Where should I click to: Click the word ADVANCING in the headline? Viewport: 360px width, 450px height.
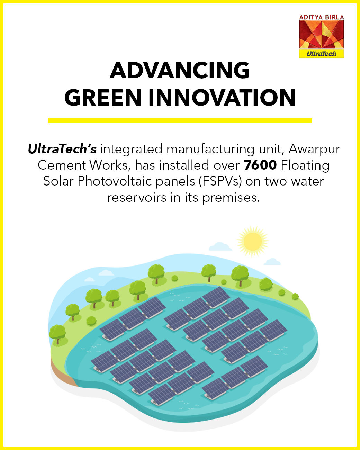tap(180, 70)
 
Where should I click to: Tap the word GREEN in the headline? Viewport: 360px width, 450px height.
tap(103, 98)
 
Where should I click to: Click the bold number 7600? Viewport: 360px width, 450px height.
tap(260, 165)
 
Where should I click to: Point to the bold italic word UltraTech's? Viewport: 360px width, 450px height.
tap(62, 149)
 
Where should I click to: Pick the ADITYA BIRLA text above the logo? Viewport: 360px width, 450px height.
tap(322, 17)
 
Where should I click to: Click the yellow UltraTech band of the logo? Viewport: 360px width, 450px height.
tap(322, 54)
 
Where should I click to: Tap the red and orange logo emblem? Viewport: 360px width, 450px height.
tap(322, 35)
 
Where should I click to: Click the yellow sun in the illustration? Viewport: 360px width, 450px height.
tap(253, 241)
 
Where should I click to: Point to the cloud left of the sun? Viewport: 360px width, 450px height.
tap(220, 247)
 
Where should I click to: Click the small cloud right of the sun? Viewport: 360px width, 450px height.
tap(272, 262)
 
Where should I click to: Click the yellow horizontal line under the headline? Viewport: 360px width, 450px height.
tap(180, 120)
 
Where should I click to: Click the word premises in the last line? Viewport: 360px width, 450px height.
tap(231, 198)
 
